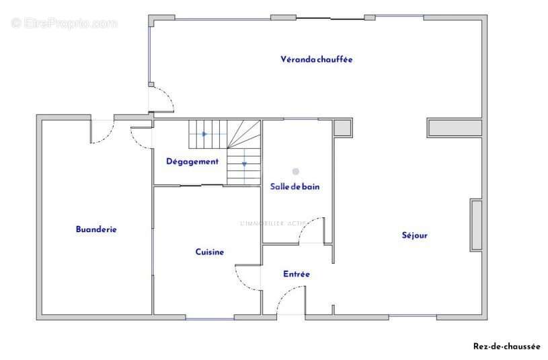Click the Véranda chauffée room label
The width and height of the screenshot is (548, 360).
[x=316, y=59]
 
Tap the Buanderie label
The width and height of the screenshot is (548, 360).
[x=96, y=229]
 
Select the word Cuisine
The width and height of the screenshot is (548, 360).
[x=210, y=252]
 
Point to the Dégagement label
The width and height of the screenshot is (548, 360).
[x=192, y=161]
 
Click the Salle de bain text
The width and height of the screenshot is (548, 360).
[x=295, y=186]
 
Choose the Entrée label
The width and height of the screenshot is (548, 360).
[x=297, y=274]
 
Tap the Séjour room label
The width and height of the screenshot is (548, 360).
[x=414, y=235]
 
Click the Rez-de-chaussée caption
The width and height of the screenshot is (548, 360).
[x=506, y=347]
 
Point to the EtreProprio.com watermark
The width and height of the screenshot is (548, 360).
[x=64, y=24]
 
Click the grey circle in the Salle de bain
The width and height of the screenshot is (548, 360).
[x=296, y=172]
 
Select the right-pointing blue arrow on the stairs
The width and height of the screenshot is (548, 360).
[x=205, y=134]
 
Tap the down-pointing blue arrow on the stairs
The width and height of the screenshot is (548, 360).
[x=244, y=164]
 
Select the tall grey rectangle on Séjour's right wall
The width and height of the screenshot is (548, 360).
[x=476, y=225]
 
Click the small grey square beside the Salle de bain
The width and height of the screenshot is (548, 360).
[x=342, y=128]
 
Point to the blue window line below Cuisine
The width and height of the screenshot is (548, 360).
[x=210, y=318]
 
